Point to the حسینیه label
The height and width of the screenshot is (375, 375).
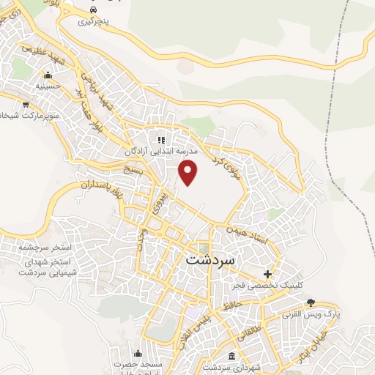click(x=48, y=86)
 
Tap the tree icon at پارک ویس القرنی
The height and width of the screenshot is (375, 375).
click(x=311, y=302)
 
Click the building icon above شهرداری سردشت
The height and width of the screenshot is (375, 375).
click(x=232, y=356)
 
